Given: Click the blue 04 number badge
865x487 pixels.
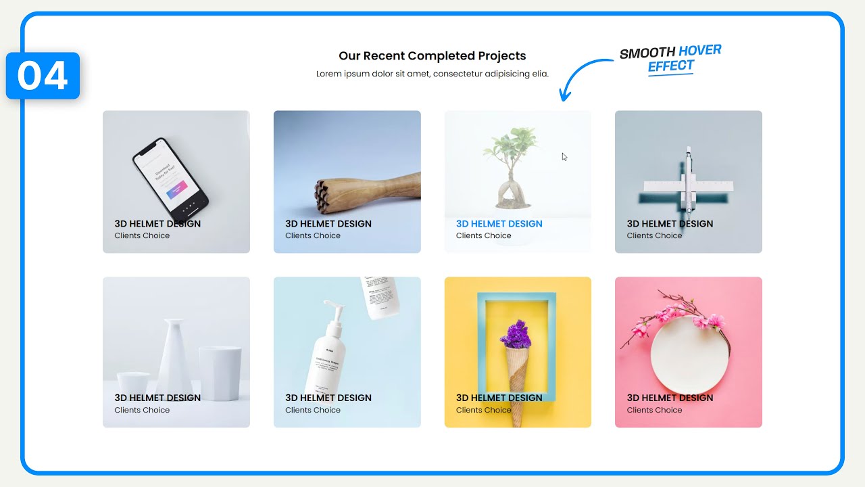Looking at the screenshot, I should click(43, 76).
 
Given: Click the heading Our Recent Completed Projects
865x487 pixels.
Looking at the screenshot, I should click(432, 55).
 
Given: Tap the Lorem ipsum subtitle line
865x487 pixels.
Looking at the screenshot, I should click(432, 74).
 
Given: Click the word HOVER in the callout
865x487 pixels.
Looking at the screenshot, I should click(699, 50).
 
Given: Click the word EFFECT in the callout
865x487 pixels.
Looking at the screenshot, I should click(670, 66).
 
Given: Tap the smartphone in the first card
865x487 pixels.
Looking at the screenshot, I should click(170, 175).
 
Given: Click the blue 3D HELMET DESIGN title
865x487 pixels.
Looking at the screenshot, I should click(499, 224).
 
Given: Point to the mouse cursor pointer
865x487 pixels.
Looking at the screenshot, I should click(564, 157).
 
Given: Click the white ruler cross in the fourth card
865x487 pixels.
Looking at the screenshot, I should click(688, 185).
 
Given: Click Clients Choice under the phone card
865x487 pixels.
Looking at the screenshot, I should click(142, 236).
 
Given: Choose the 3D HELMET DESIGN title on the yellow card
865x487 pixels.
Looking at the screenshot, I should click(499, 398).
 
